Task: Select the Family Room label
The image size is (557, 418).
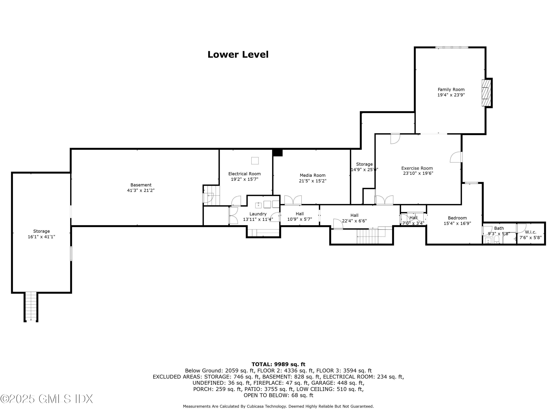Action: point(451,89)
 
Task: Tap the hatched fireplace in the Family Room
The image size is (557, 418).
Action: point(486,93)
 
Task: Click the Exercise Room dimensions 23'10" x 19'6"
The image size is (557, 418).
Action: point(418,173)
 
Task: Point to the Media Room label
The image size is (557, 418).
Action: point(312,175)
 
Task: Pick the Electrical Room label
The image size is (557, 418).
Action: point(244,174)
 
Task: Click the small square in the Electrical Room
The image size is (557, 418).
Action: point(255,161)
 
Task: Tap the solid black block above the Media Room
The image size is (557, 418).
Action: point(278,153)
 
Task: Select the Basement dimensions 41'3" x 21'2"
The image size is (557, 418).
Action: point(141,190)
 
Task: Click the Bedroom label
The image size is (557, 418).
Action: point(457,218)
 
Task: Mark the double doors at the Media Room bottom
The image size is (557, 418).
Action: point(293,200)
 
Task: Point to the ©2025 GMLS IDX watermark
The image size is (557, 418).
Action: point(47,399)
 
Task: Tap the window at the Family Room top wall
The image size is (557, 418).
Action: point(452,47)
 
